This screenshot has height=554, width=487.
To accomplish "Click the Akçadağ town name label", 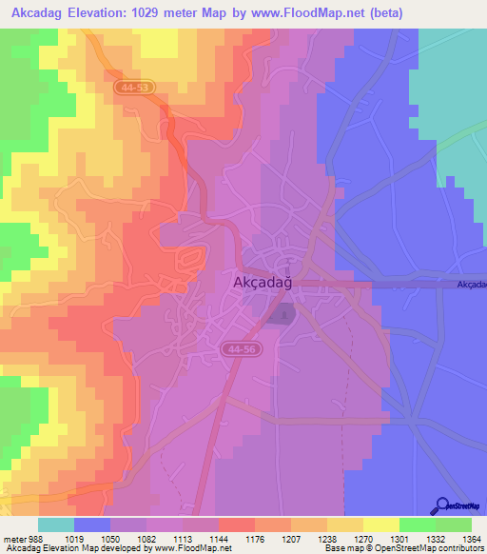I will pyautogui.click(x=262, y=282).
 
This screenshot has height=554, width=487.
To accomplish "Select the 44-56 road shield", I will pyautogui.click(x=240, y=351).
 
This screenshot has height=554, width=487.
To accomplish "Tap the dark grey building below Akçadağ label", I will pyautogui.click(x=282, y=312).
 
